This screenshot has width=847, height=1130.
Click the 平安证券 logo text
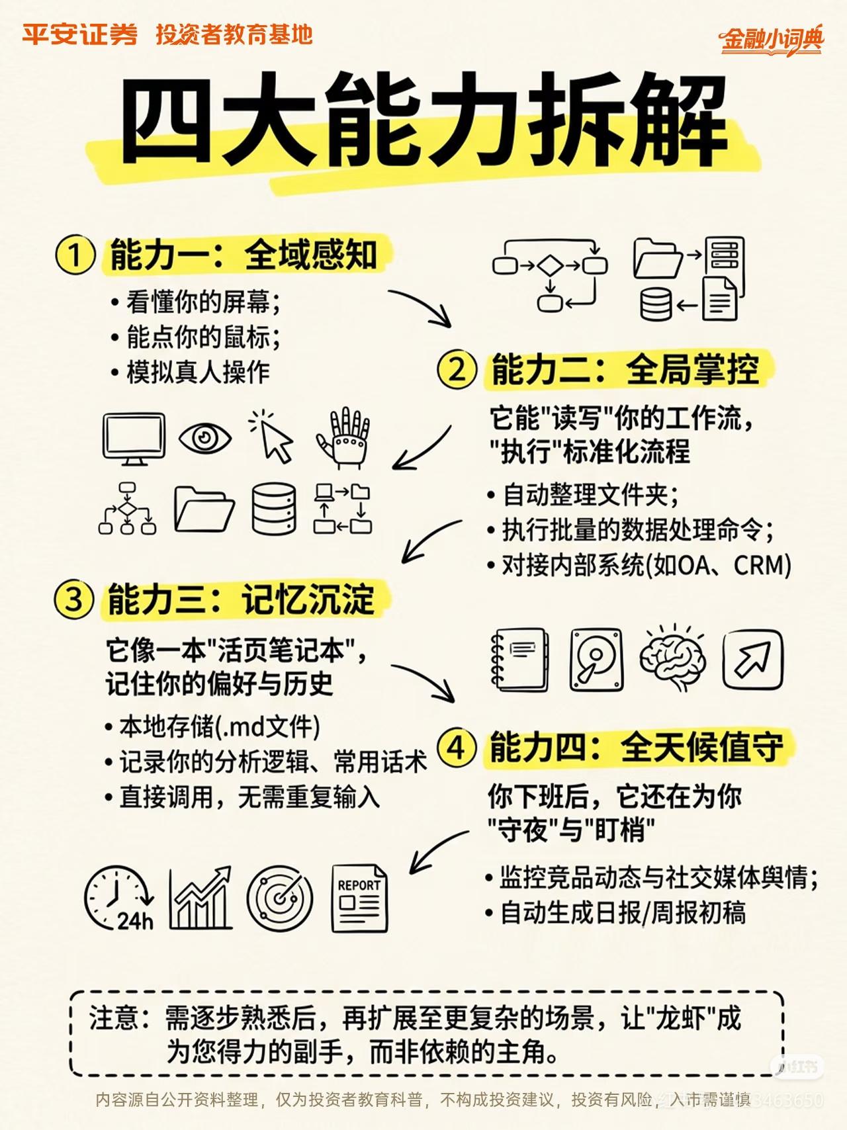click(79, 34)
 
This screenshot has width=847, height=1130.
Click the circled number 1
click(74, 255)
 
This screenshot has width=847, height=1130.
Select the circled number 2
click(457, 369)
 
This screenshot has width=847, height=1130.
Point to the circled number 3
click(73, 599)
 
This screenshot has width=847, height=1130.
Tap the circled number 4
click(457, 748)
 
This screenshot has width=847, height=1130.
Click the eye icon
click(205, 438)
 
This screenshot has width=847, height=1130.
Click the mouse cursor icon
click(272, 437)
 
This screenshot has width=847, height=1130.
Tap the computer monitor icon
click(134, 438)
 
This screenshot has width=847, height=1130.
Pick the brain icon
click(673, 659)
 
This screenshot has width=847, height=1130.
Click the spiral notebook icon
click(519, 660)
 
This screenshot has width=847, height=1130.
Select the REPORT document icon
click(359, 898)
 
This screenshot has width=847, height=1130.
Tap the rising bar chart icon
click(200, 898)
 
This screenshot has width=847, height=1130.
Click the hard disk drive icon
click(596, 660)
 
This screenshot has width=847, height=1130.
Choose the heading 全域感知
click(311, 255)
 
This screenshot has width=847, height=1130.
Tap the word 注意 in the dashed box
click(114, 1018)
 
